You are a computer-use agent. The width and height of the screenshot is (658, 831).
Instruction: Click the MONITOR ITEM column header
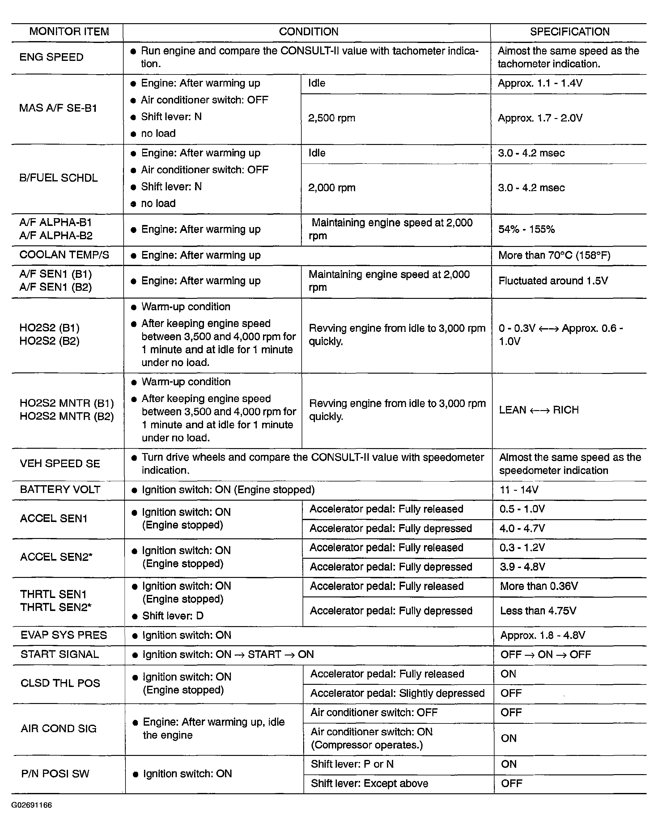click(x=69, y=32)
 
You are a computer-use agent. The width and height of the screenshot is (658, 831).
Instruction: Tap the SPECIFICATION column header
click(x=569, y=32)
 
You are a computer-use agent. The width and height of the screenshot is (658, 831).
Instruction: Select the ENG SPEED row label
click(x=51, y=57)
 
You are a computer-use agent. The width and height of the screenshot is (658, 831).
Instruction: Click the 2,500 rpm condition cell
click(x=331, y=118)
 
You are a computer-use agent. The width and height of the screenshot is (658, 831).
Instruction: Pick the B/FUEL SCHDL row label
click(x=58, y=178)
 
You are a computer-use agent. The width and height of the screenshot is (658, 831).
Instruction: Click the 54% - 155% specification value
click(x=526, y=230)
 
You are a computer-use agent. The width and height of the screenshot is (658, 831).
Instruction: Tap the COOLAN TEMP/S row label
click(x=64, y=255)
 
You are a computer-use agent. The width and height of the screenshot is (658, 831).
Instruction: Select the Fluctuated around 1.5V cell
click(x=553, y=281)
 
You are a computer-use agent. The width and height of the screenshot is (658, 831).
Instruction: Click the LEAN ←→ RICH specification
click(x=539, y=410)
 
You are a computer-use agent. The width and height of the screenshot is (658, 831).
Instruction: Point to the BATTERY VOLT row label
click(x=60, y=490)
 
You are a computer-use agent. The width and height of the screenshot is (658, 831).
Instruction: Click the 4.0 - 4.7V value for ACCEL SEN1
click(x=522, y=528)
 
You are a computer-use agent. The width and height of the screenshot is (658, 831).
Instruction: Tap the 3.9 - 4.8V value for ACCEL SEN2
click(x=522, y=567)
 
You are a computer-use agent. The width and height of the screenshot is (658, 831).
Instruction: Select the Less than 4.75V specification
click(x=538, y=611)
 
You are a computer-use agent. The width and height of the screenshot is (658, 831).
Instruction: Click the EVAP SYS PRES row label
click(x=64, y=635)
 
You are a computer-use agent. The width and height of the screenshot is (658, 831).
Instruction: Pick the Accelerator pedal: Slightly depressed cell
click(x=397, y=693)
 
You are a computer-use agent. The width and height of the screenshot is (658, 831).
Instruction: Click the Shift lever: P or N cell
click(x=352, y=764)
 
